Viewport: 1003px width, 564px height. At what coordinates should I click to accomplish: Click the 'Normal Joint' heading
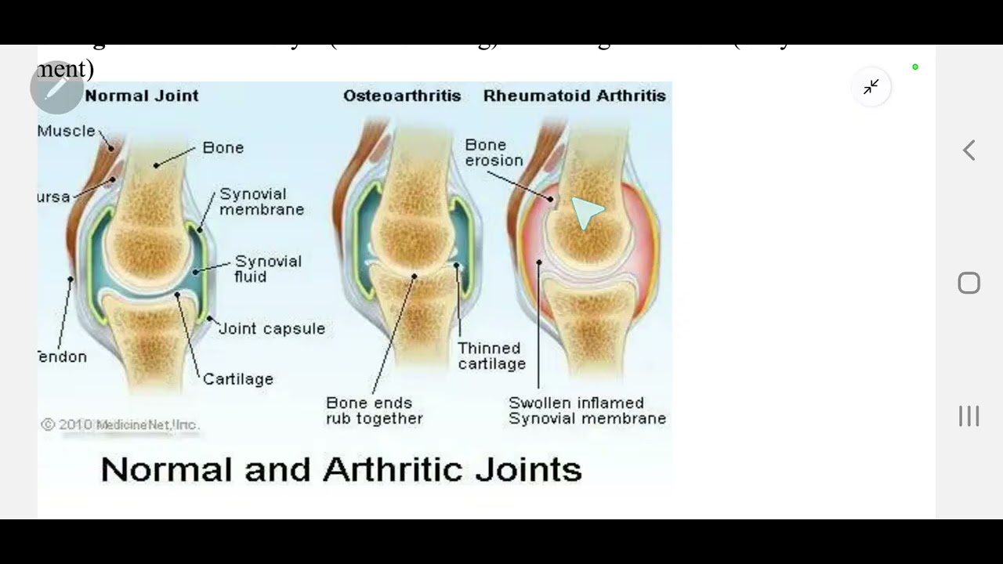pos(141,96)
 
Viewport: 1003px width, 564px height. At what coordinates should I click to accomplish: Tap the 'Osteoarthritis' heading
pos(402,96)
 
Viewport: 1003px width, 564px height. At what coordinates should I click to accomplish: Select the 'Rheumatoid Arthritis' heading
pos(574,96)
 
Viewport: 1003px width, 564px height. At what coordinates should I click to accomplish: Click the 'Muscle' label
pos(67,131)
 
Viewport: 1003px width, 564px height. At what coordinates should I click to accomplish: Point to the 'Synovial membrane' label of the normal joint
pos(262,201)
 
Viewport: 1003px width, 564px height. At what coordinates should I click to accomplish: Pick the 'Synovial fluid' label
pos(268,269)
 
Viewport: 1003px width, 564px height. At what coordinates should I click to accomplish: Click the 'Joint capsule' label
pos(272,328)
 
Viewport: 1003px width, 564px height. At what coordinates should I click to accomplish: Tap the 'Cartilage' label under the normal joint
pos(238,379)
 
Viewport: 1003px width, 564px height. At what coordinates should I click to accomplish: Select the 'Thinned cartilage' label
pos(491,356)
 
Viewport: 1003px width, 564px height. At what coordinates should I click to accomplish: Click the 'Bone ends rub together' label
pos(374,410)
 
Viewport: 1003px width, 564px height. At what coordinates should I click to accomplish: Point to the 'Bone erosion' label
pos(494,153)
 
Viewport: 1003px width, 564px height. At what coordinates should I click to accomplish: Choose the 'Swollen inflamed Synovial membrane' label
pos(587,410)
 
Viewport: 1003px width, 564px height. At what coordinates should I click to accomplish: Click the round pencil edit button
pos(56,88)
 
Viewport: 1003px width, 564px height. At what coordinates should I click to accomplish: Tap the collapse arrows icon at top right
pos(871,87)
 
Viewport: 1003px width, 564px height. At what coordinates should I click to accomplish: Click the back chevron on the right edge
pos(969,150)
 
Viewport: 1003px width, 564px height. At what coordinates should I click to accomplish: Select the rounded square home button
pos(969,283)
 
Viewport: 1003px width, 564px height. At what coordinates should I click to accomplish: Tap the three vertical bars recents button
pos(969,416)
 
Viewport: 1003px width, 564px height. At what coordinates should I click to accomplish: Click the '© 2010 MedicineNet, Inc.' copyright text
pos(120,425)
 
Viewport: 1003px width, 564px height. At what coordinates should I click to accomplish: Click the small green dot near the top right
pos(915,67)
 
